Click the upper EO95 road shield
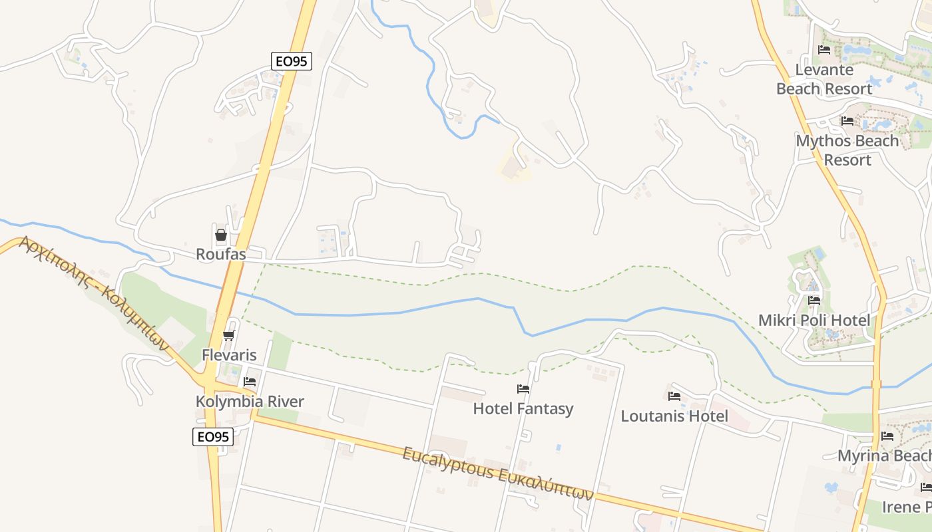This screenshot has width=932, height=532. [292, 61]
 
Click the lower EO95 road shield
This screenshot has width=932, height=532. [213, 437]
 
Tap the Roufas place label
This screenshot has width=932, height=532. [221, 254]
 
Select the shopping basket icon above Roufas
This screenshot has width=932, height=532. [221, 235]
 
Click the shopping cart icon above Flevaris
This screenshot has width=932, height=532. [229, 335]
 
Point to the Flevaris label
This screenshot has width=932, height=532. [229, 355]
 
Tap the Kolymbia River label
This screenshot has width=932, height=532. [250, 402]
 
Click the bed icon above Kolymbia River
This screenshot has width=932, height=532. [250, 382]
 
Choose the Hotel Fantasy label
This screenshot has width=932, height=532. [523, 408]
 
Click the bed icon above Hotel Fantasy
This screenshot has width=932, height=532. [523, 389]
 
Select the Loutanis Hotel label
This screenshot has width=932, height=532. [674, 416]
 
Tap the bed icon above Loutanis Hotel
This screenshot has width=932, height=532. [674, 396]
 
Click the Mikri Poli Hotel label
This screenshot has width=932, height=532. [814, 321]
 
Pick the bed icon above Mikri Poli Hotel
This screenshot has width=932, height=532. [814, 301]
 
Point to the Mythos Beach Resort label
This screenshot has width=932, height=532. [847, 150]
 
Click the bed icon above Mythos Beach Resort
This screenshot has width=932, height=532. [847, 121]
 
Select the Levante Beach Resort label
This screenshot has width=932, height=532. [824, 79]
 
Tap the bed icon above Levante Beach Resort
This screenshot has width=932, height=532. [824, 50]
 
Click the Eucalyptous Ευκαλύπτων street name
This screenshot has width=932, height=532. [497, 473]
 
